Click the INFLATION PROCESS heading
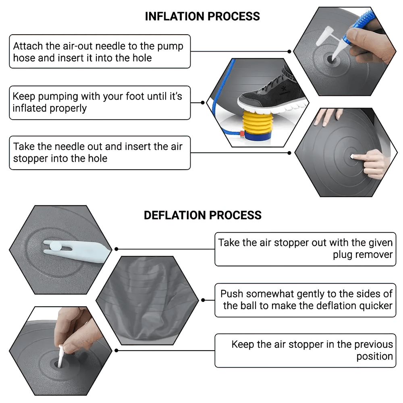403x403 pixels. [202, 17]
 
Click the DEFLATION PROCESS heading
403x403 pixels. [202, 215]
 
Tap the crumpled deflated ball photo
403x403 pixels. [147, 300]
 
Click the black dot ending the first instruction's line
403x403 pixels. [289, 52]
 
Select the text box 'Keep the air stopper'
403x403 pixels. [305, 350]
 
